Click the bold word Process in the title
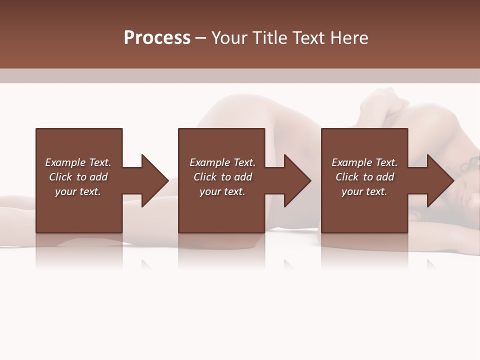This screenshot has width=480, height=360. (157, 38)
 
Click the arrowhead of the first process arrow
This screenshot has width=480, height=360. (154, 180)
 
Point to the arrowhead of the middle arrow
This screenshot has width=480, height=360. (297, 180)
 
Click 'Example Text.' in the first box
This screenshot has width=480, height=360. (78, 162)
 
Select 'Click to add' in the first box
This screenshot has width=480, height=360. (78, 177)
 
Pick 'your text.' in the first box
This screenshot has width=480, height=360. (78, 191)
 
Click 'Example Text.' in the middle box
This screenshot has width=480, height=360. (222, 162)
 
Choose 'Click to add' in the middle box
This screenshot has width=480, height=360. (222, 177)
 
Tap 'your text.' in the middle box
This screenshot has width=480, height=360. (222, 191)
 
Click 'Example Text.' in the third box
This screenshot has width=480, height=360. (364, 162)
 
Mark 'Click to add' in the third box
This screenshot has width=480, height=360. (364, 177)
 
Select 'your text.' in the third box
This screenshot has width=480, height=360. (364, 191)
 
